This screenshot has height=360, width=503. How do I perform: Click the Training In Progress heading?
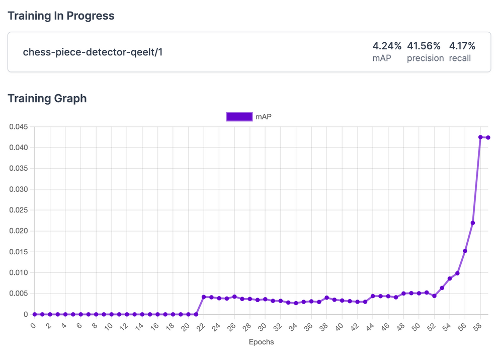61,16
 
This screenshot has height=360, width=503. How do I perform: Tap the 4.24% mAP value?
387,46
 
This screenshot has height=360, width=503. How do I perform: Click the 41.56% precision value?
425,46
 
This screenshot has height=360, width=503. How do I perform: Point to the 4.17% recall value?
462,46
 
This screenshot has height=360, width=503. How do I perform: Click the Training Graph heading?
47,98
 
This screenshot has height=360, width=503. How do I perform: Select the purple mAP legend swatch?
239,117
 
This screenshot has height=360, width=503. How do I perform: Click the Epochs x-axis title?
261,342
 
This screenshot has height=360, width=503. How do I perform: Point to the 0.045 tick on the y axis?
19,127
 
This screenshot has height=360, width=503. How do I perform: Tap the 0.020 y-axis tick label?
19,231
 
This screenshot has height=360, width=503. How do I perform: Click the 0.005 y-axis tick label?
19,294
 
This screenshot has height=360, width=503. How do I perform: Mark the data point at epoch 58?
480,137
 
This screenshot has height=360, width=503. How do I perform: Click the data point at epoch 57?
473,223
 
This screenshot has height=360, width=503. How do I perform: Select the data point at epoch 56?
465,251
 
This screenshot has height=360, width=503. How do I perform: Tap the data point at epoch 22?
204,297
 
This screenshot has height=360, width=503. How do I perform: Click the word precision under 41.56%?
425,58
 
